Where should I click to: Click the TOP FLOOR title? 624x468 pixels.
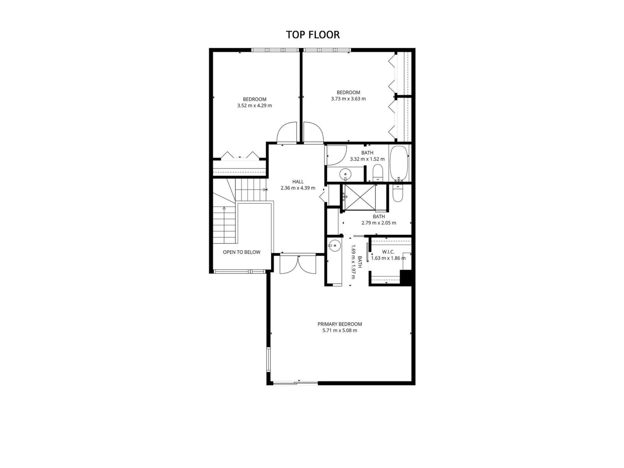[x=313, y=35]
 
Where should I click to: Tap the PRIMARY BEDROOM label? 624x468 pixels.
[x=339, y=324]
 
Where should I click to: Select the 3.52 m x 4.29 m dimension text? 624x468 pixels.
[x=254, y=106]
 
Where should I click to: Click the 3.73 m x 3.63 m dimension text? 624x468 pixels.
[x=348, y=99]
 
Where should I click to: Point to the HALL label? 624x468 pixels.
[x=298, y=182]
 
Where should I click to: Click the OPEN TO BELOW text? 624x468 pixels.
[x=241, y=252]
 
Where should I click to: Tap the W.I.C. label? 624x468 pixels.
[x=388, y=252]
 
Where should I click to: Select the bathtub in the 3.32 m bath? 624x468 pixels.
[x=398, y=163]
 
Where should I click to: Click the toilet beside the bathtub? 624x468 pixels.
[x=378, y=173]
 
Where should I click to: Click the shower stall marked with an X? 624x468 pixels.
[x=359, y=197]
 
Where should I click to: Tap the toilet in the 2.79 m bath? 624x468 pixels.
[x=397, y=193]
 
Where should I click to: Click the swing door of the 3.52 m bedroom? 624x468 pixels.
[x=287, y=134]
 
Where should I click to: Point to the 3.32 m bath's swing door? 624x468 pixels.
[x=336, y=155]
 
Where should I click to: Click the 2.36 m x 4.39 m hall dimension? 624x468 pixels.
[x=298, y=188]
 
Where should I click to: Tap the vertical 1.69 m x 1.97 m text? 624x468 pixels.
[x=353, y=262]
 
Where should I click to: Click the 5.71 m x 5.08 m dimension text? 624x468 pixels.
[x=339, y=330]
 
